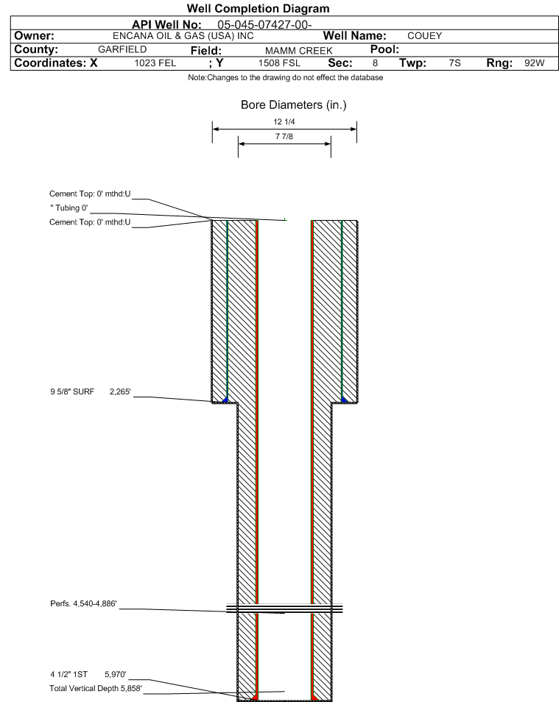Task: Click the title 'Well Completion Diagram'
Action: point(259,9)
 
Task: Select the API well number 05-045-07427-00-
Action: point(264,24)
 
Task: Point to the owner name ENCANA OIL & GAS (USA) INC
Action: point(183,36)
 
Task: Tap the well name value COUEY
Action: point(424,36)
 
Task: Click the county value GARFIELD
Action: point(122,49)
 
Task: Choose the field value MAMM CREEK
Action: point(298,51)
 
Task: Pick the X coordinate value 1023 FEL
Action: point(155,63)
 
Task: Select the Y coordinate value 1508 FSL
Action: point(279,63)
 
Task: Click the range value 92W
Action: point(535,63)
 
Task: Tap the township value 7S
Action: point(454,63)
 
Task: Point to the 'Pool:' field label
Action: point(384,49)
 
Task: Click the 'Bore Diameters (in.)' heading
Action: point(294,104)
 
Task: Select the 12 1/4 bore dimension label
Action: point(284,121)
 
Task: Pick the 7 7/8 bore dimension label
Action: point(284,136)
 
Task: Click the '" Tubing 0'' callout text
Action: point(69,208)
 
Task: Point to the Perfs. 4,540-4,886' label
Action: point(83,603)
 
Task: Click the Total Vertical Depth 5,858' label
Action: point(96,688)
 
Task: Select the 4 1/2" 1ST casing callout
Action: point(69,674)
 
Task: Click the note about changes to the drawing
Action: point(286,77)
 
